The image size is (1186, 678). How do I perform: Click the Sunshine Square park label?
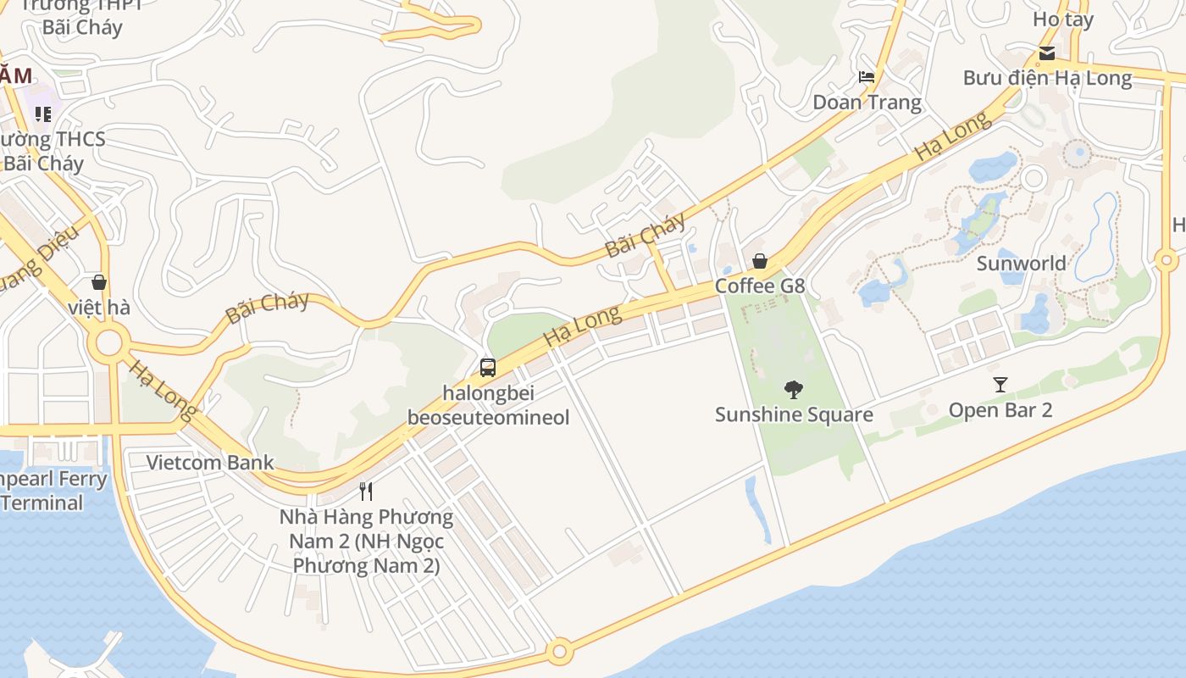(x=794, y=414)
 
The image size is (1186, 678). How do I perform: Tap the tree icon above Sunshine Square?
(x=794, y=389)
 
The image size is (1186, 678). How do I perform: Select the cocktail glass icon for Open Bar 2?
(x=1000, y=385)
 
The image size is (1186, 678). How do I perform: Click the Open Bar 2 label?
(x=1000, y=410)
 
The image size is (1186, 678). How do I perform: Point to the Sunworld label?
(x=1021, y=263)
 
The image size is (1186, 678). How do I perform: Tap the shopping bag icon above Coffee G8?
(x=760, y=261)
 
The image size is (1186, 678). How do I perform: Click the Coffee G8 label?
(x=760, y=286)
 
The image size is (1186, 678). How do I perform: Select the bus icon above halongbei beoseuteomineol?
(x=488, y=368)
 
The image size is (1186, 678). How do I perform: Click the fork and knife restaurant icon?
(x=366, y=491)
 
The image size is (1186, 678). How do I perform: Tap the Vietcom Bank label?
(x=210, y=463)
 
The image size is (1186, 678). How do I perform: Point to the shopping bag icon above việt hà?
(x=99, y=282)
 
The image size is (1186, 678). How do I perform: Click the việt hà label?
(x=99, y=307)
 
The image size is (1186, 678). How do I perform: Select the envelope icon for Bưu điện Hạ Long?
(x=1047, y=53)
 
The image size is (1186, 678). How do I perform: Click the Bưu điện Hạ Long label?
(x=1047, y=78)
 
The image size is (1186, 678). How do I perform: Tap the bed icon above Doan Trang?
(x=867, y=77)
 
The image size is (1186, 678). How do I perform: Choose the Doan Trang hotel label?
(x=867, y=103)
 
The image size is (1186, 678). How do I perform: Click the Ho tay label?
(x=1063, y=19)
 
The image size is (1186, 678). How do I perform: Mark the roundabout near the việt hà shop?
(x=109, y=344)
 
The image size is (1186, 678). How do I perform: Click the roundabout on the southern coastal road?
(x=559, y=653)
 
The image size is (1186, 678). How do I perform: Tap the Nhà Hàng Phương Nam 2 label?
(x=367, y=541)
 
